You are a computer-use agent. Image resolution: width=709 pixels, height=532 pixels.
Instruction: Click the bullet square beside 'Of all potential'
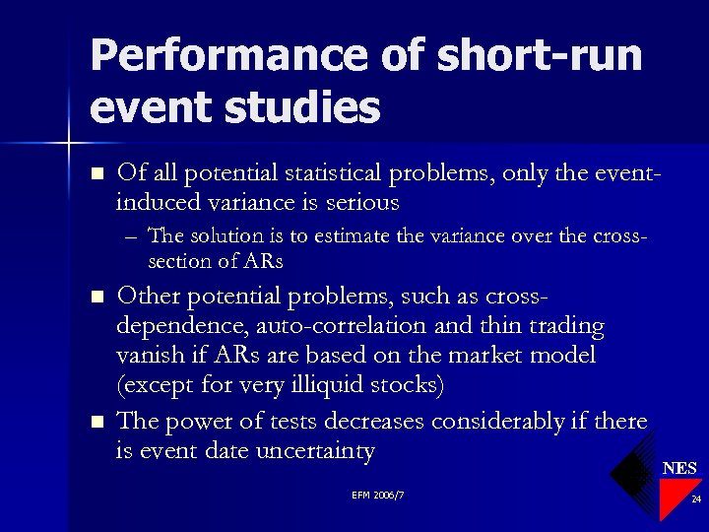click(x=97, y=174)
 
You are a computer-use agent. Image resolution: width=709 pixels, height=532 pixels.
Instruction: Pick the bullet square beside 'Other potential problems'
click(x=97, y=297)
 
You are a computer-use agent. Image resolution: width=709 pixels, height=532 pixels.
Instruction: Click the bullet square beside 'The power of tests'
click(x=97, y=423)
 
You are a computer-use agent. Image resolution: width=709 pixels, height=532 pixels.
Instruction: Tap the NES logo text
click(x=679, y=468)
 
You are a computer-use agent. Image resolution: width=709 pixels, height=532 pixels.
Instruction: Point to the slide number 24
click(x=696, y=499)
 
